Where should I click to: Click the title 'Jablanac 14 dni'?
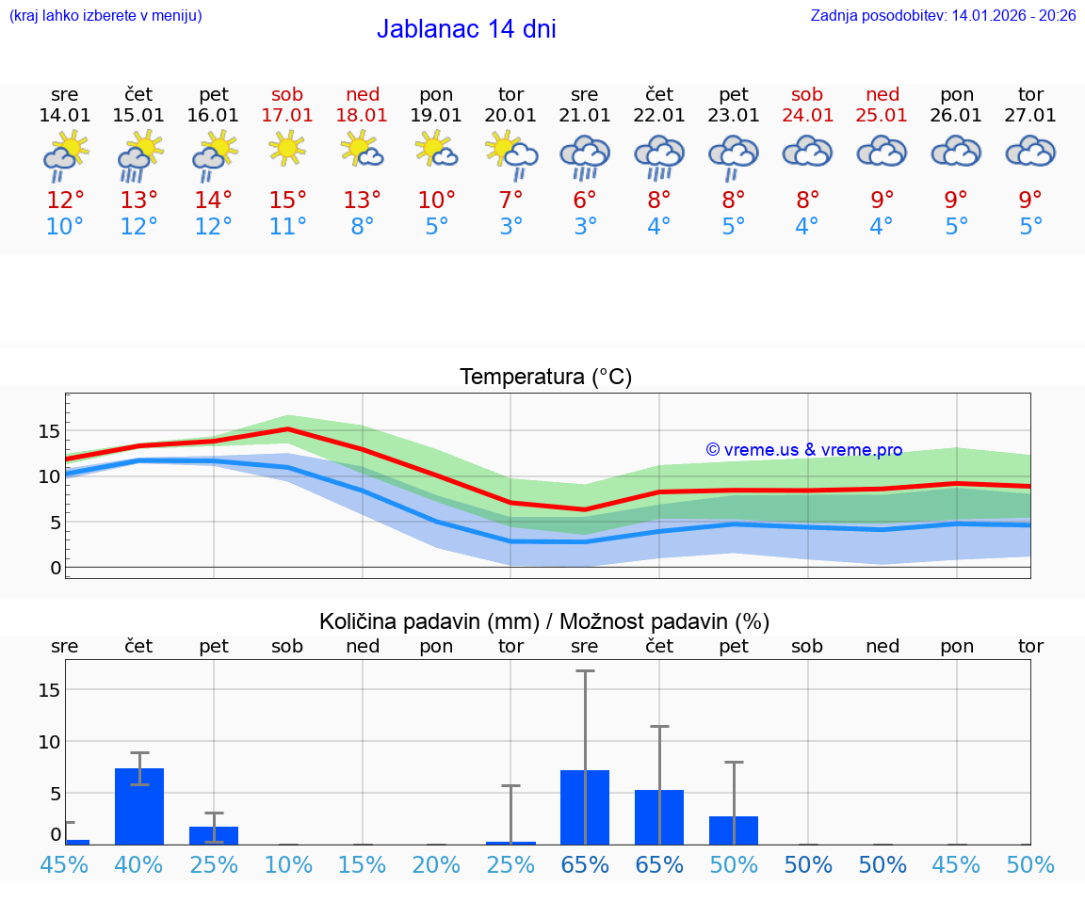466,29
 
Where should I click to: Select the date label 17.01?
287,115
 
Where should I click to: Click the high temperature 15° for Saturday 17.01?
287,200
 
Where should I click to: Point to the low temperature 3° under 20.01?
510,226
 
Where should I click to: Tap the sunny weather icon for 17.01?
287,149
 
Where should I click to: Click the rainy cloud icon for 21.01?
585,156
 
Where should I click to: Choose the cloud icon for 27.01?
1030,152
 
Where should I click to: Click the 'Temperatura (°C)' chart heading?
545,377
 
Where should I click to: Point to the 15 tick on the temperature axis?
49,431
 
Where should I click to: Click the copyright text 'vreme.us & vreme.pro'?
804,450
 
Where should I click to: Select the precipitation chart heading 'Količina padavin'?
543,621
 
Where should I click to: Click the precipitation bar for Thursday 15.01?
139,806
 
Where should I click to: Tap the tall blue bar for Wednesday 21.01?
585,807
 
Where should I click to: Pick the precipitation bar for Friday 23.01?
734,829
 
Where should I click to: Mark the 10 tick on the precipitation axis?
49,741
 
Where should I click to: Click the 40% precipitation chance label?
139,864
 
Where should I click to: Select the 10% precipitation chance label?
287,864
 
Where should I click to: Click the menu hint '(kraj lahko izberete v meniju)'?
105,15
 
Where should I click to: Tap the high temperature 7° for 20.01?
510,200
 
